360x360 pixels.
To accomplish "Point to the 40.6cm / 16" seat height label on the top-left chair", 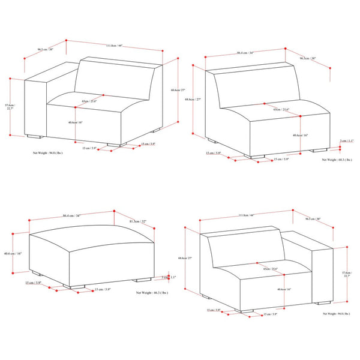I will point(76,122).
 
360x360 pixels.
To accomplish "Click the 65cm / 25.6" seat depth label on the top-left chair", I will point(89,101).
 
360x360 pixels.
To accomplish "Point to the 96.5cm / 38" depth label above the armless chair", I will point(310,58).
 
